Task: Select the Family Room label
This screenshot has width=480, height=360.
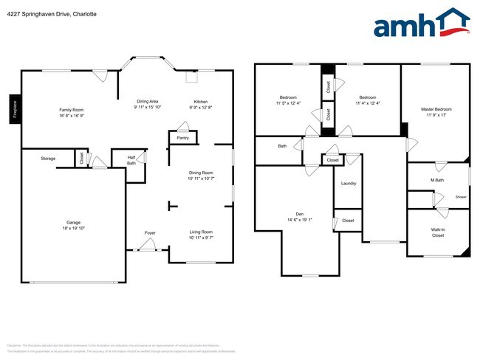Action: pos(72,110)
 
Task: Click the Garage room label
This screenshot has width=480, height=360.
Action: pos(73,222)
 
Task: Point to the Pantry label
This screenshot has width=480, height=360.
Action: pos(182,137)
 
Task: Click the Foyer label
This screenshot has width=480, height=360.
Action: pos(150,232)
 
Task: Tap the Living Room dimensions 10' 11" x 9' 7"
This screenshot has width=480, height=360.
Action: pos(201,238)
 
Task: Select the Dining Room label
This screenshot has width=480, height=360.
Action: pos(201,173)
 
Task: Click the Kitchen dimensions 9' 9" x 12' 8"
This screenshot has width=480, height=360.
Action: pos(201,108)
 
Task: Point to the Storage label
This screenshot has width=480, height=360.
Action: pos(48,158)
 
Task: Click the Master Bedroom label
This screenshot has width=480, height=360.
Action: pos(436,109)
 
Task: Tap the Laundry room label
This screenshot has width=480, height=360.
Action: pos(349,184)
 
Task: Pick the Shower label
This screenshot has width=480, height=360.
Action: pos(461,197)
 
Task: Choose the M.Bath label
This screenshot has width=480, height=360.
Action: pos(437,180)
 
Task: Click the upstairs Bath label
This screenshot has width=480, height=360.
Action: pos(282,146)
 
